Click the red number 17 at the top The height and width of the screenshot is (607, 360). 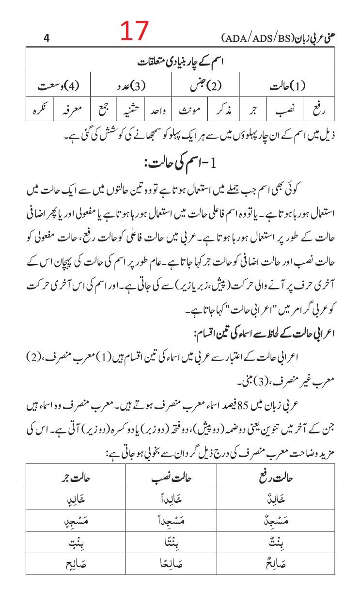click(x=134, y=32)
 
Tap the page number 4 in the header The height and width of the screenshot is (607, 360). click(x=47, y=39)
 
